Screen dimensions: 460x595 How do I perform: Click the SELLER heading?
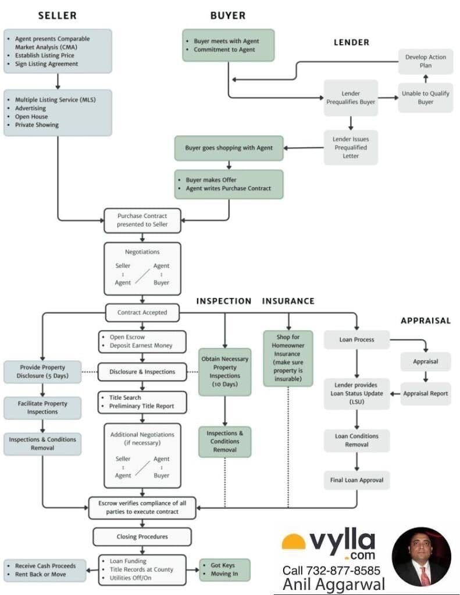pos(58,16)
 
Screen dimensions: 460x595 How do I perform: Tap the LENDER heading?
pos(351,42)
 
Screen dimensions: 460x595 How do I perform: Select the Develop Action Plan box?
pos(426,62)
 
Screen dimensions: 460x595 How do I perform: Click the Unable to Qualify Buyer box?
pos(426,98)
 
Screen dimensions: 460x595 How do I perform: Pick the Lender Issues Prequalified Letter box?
pos(351,148)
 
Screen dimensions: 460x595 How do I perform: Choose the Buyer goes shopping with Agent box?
pos(229,148)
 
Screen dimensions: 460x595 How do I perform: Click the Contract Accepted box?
pos(142,313)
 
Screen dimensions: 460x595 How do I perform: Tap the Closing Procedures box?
pos(142,536)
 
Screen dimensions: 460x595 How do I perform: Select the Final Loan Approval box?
pos(356,480)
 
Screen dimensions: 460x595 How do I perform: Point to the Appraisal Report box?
pos(426,393)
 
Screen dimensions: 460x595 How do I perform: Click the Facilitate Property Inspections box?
pos(42,407)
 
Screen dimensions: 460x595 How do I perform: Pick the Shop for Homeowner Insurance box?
pos(288,358)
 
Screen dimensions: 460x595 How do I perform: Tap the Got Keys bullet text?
pos(223,565)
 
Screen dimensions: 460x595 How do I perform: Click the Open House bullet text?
pos(31,116)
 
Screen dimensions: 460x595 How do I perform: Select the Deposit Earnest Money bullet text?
pos(141,346)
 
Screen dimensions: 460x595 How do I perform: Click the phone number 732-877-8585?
pos(343,571)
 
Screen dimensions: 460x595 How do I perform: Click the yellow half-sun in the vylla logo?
pos(293,542)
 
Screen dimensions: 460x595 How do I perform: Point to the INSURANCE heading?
pos(288,302)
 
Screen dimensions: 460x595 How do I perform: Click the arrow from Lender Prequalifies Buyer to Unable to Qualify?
pos(388,98)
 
